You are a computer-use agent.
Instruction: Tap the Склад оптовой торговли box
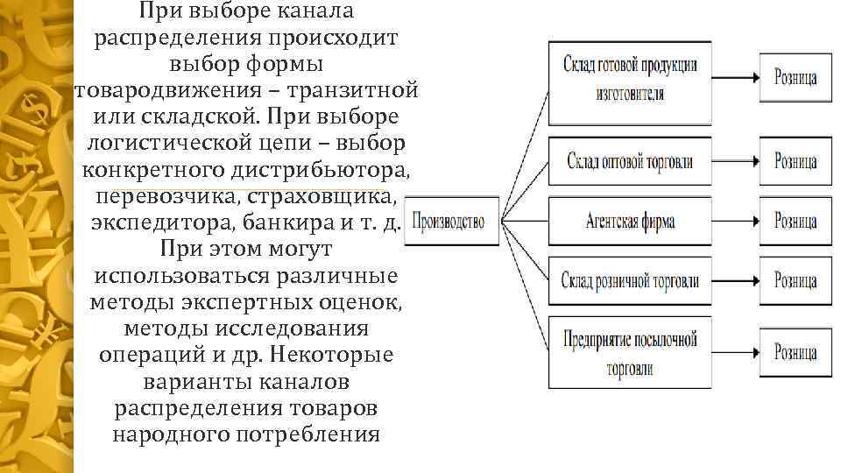(x=629, y=162)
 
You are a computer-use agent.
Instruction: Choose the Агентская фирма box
(x=629, y=221)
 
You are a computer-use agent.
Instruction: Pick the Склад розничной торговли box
(x=629, y=280)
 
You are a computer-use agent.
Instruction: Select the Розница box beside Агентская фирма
(x=795, y=221)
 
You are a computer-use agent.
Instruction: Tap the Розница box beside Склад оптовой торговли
(x=795, y=162)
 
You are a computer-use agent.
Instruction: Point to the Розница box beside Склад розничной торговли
(x=795, y=280)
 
